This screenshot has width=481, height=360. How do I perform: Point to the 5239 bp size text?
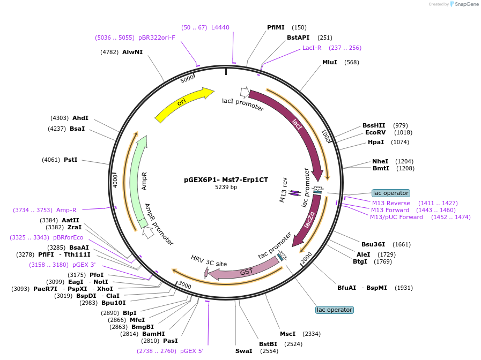[x=226, y=187]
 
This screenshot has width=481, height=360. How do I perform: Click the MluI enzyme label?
[x=329, y=62]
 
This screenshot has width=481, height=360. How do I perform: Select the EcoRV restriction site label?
[x=375, y=132]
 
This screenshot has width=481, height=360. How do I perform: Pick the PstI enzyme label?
[x=71, y=160]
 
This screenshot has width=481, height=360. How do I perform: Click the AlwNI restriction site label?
[x=132, y=52]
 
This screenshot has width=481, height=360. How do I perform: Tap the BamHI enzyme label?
[x=153, y=333]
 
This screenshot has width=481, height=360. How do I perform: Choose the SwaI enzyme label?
[x=243, y=351]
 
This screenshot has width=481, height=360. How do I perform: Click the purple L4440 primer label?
[x=220, y=27]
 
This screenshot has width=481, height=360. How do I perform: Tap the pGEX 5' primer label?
[x=191, y=351]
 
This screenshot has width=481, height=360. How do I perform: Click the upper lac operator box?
[x=390, y=193]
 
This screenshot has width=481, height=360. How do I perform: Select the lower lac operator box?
[x=334, y=310]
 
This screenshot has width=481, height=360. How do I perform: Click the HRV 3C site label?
[x=209, y=260]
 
